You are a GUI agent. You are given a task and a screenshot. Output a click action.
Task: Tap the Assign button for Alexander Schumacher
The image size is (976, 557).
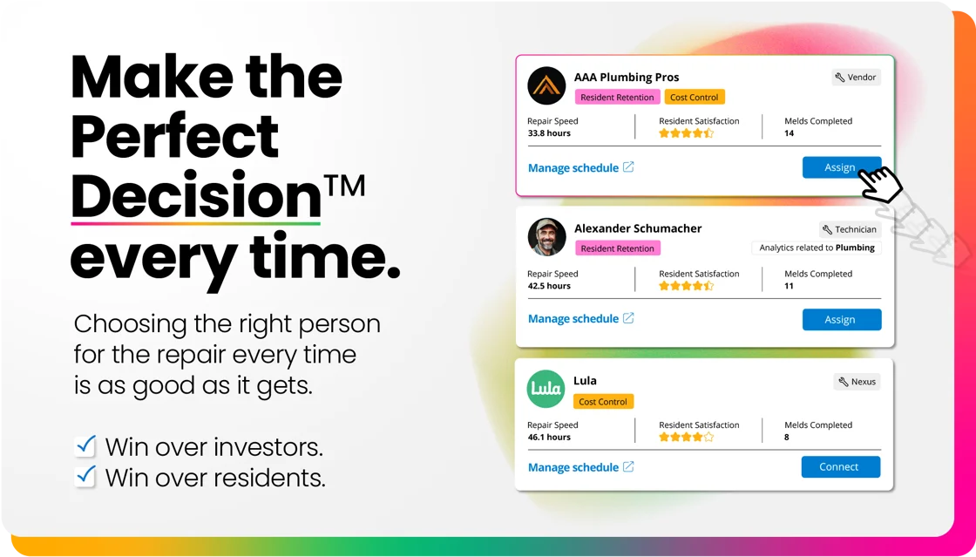(842, 319)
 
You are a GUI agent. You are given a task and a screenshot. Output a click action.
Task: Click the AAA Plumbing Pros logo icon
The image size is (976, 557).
(546, 85)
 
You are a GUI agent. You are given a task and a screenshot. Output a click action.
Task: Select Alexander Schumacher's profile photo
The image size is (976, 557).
(546, 237)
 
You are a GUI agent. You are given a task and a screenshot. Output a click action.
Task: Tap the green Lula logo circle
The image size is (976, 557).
(546, 389)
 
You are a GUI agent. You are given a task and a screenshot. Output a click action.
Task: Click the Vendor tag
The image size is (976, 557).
(856, 78)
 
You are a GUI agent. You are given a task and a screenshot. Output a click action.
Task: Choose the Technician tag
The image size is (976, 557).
(850, 229)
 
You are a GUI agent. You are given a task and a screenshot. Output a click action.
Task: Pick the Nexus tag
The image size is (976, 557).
(857, 382)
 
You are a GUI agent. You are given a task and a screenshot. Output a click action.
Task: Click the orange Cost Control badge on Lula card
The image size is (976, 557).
(603, 402)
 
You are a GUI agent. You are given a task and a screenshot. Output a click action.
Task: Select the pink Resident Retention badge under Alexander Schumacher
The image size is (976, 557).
(618, 248)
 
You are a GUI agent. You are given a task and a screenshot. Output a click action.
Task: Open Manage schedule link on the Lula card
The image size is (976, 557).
(580, 467)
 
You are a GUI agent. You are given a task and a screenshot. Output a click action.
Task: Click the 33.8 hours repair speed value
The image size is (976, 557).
(549, 133)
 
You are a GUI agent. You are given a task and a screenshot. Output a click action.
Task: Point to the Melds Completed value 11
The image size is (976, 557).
(789, 286)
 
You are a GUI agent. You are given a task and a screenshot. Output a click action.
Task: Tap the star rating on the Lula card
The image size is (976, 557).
(687, 437)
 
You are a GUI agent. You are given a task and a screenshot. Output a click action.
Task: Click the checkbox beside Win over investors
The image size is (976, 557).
(85, 446)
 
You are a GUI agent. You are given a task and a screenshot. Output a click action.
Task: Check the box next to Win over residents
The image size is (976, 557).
(85, 477)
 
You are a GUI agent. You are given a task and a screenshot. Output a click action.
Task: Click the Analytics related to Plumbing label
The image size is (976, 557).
(817, 248)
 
